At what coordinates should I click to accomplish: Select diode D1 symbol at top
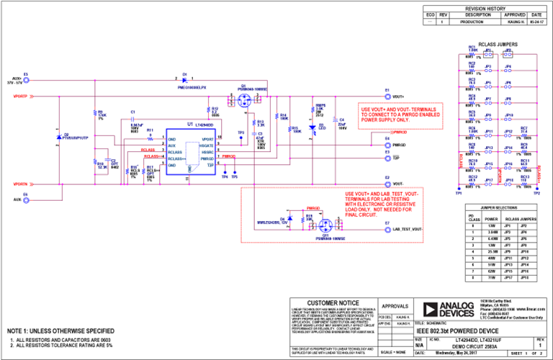(185, 79)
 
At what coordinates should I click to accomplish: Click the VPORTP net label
(20, 96)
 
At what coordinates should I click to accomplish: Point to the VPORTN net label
(20, 184)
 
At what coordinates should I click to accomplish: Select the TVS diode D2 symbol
(59, 136)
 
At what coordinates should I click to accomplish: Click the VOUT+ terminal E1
(387, 96)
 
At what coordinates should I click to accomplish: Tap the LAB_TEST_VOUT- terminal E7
(387, 229)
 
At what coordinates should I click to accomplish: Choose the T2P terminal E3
(387, 156)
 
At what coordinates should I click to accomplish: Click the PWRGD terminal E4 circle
(387, 144)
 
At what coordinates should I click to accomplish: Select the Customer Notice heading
(333, 302)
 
